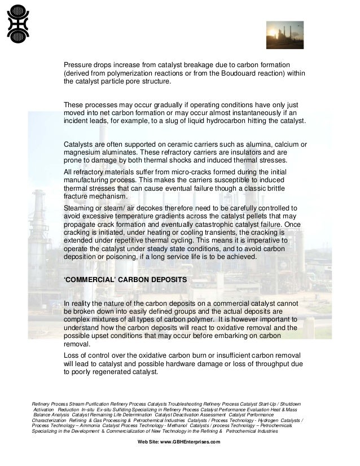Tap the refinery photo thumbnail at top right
coord(284,35)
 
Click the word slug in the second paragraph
coord(190,121)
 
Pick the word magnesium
coord(82,152)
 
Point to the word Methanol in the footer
coord(173,425)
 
